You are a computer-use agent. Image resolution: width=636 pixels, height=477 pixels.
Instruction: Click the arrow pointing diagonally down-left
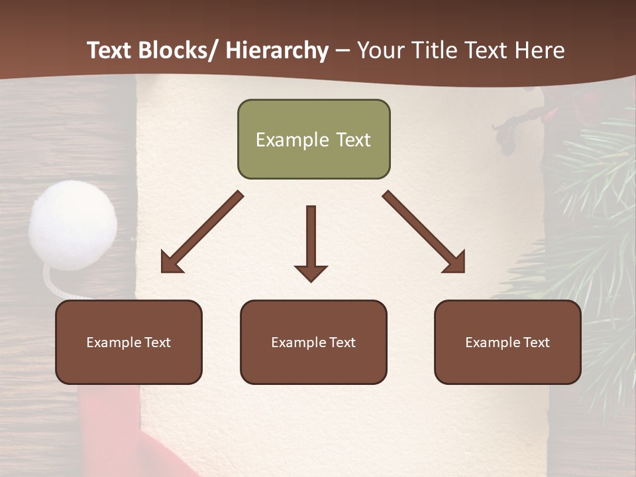coord(202,232)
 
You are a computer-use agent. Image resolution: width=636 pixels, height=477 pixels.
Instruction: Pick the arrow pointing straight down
coord(311,242)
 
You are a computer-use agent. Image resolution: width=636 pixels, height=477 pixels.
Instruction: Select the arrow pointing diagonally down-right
coord(423,232)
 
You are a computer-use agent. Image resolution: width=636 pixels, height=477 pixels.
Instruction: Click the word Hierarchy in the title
coord(277,50)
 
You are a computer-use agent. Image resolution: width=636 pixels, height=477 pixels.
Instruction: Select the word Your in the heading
coord(381,50)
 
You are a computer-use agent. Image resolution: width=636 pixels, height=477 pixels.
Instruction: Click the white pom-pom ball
coord(72,225)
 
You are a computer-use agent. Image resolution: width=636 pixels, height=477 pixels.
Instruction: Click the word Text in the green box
coord(352,140)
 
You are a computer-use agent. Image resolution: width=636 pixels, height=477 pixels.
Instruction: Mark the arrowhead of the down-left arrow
coord(170,264)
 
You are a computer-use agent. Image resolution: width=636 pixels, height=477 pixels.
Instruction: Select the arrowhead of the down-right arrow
coord(456,264)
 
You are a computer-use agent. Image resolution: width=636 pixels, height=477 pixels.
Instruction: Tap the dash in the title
coord(343,50)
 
